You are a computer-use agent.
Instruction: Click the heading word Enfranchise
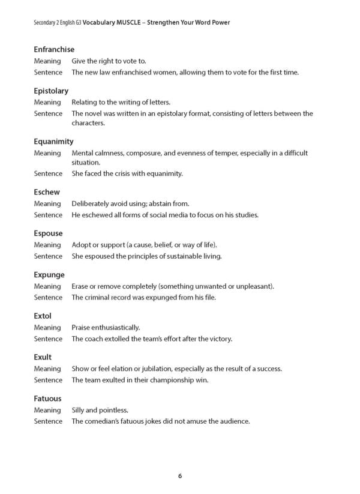(x=54, y=49)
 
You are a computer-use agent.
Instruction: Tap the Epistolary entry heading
(x=51, y=91)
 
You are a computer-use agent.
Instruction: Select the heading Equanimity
(x=53, y=142)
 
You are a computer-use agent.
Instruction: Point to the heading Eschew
(x=46, y=192)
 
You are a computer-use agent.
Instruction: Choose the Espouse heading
(x=48, y=233)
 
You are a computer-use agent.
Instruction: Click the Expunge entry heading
(x=49, y=275)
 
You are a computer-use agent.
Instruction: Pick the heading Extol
(x=43, y=316)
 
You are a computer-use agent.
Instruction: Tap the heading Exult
(x=43, y=357)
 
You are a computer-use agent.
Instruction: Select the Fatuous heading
(x=47, y=399)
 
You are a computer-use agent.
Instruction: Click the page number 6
(x=180, y=476)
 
